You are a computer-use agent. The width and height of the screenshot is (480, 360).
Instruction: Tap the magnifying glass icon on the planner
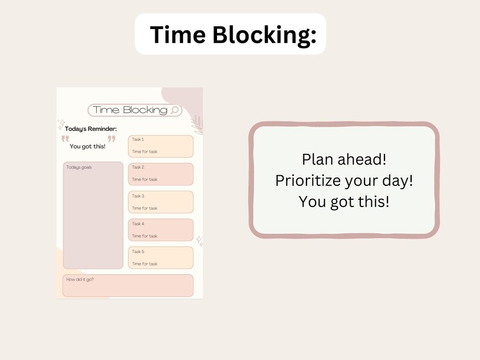coord(175,110)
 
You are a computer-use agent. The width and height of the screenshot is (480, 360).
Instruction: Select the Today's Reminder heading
coord(91,129)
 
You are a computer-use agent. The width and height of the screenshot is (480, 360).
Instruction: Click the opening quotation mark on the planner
coord(65,139)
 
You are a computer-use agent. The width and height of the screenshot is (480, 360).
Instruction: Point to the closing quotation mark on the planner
coord(111,139)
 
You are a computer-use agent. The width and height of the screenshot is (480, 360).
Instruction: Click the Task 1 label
coord(138,140)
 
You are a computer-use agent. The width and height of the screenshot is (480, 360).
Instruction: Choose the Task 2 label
coord(138,167)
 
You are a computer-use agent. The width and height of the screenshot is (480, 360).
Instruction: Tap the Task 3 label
coord(138,196)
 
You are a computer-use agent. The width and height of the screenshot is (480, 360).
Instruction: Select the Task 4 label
coord(138,223)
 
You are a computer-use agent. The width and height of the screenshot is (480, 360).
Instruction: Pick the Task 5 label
coord(138,251)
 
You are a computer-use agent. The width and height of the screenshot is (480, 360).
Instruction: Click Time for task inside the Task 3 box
coord(144,208)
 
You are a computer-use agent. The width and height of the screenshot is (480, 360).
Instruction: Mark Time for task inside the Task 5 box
coord(144,264)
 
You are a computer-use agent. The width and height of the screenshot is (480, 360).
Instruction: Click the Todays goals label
coord(79,167)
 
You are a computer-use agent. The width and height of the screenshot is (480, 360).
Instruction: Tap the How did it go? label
coord(80,279)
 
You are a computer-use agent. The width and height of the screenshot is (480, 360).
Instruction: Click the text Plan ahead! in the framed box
coord(344,159)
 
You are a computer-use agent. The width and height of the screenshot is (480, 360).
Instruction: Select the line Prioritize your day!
coord(344,181)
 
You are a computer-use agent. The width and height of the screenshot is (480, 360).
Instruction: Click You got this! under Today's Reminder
coord(87,146)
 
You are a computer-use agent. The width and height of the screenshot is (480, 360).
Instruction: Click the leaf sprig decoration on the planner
coord(195,124)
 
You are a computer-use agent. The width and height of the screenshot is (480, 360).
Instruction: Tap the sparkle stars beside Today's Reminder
coord(60,125)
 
